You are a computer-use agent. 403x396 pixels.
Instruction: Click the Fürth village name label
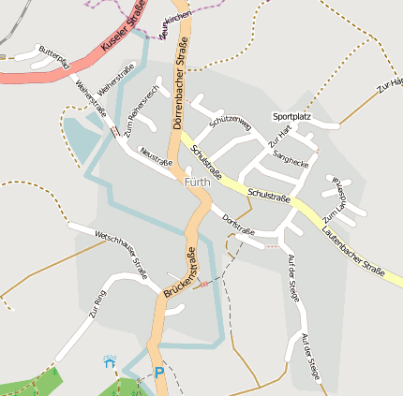198,182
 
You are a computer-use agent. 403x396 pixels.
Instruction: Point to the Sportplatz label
291,116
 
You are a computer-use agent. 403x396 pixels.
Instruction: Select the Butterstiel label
53,55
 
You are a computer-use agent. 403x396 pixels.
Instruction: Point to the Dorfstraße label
239,224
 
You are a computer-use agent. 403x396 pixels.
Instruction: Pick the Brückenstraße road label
179,273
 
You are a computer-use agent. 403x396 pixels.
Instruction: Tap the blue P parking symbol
158,373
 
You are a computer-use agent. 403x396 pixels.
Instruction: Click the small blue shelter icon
111,360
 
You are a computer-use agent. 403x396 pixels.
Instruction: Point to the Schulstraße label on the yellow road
269,195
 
